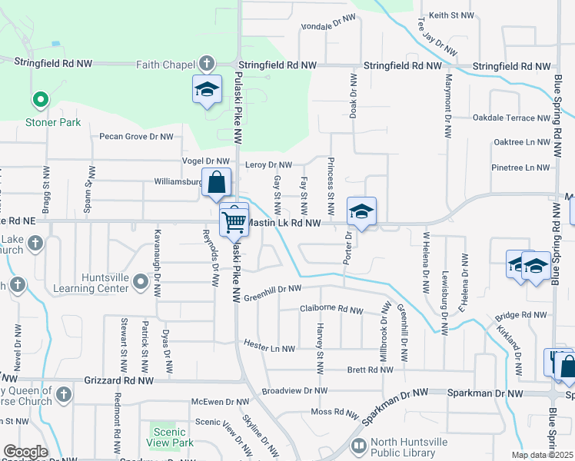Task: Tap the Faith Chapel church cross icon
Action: tap(206, 64)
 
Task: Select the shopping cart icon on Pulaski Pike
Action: tap(234, 221)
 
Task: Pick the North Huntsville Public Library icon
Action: tap(358, 446)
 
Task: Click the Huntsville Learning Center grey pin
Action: tap(140, 283)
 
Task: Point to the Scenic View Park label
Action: tap(170, 437)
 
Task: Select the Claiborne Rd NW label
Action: tap(331, 310)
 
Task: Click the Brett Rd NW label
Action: tap(371, 370)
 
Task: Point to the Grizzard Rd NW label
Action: tap(123, 380)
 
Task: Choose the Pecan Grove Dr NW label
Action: tap(136, 137)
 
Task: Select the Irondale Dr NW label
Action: tap(329, 22)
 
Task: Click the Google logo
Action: tap(25, 452)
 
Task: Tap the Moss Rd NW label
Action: tap(335, 413)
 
